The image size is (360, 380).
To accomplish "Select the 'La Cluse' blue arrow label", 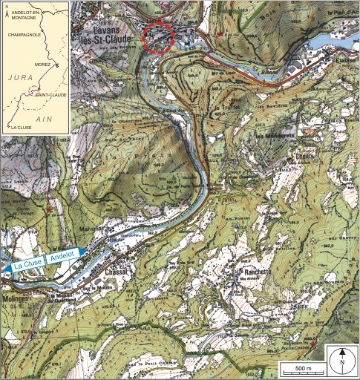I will coord(22,266).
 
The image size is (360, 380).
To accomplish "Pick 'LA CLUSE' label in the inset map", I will coord(21,127).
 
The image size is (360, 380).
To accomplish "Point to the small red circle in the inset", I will coord(31,90).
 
